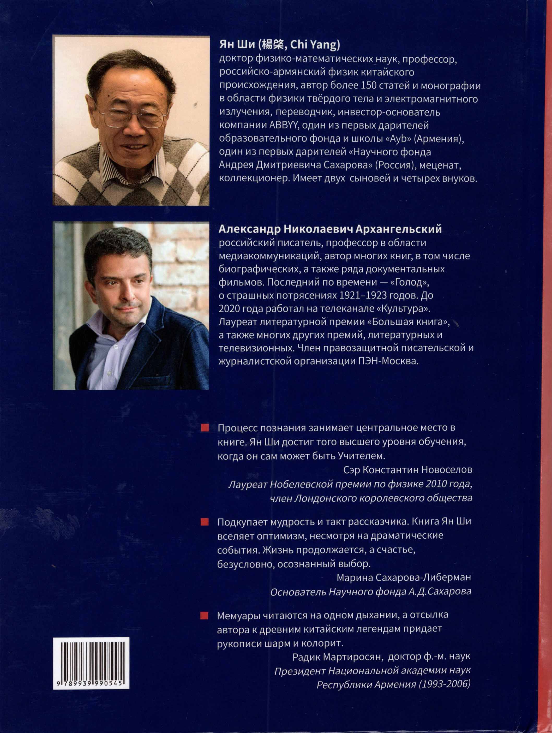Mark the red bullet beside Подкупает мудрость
pos(205,523)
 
